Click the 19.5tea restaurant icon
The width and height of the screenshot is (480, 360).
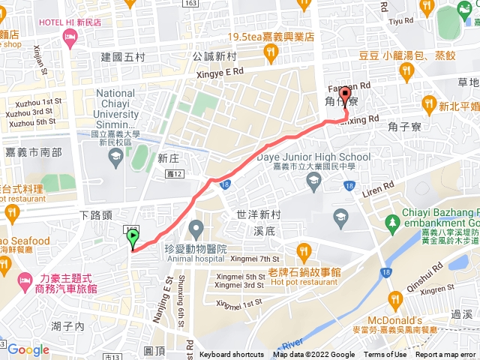click(270, 52)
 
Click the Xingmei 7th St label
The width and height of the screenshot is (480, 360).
click(254, 259)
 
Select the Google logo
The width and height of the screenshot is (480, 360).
click(28, 350)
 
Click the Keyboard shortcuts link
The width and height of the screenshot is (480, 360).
click(232, 355)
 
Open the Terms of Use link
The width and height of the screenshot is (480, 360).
click(385, 355)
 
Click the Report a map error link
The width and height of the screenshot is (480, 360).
click(445, 355)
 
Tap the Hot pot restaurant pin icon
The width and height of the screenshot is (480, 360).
click(303, 250)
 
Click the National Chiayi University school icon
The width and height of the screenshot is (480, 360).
click(115, 155)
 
